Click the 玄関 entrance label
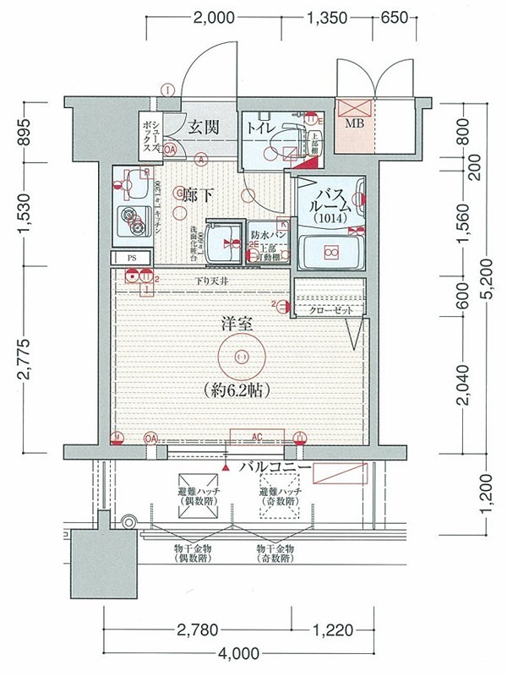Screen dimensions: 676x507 [x=203, y=128]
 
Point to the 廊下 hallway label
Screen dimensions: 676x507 [x=196, y=195]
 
